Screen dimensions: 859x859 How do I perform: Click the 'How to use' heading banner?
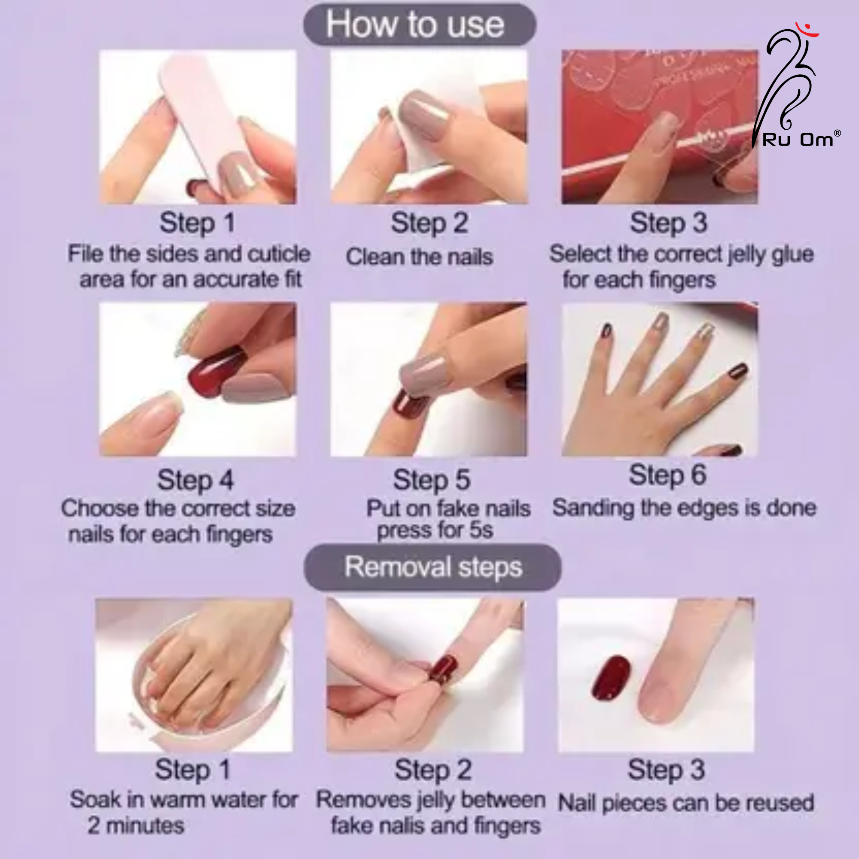click(x=420, y=24)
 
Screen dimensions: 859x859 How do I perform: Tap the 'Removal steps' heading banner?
click(x=432, y=567)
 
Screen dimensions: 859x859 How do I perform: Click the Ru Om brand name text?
click(x=798, y=140)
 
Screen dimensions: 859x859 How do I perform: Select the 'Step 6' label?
click(x=667, y=475)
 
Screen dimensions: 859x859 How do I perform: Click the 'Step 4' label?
click(x=195, y=480)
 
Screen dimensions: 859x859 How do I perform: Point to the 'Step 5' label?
click(x=431, y=480)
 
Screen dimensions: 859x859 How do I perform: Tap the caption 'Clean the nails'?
click(x=420, y=257)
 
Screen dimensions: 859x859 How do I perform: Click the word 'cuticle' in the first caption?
click(x=279, y=254)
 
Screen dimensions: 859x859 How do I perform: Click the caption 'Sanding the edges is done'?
click(x=684, y=508)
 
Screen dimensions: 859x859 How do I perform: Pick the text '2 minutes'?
click(x=136, y=825)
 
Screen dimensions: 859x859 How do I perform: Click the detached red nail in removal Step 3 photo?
click(x=611, y=677)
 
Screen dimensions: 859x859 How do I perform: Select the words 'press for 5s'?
click(x=435, y=530)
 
